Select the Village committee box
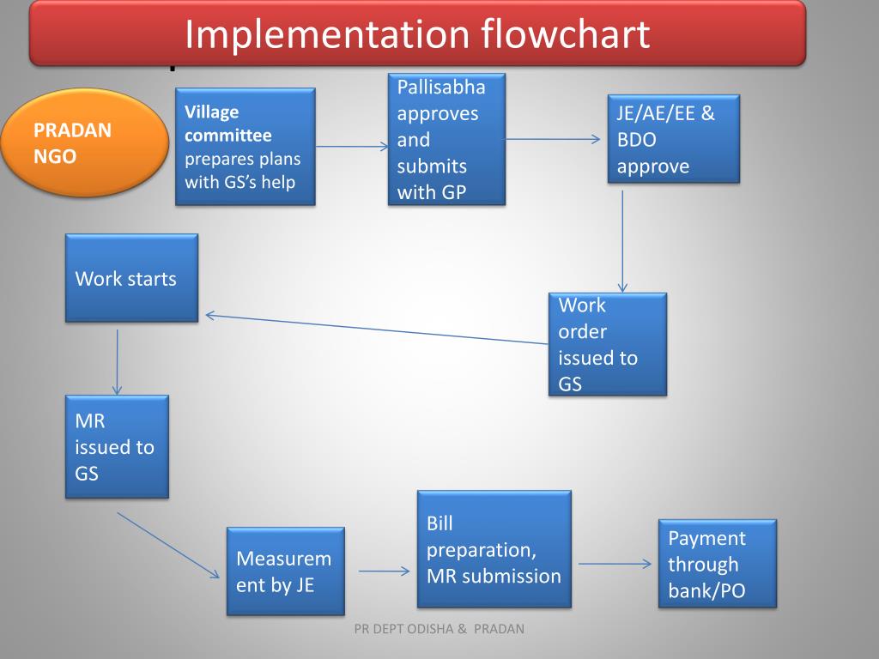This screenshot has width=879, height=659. pyautogui.click(x=246, y=147)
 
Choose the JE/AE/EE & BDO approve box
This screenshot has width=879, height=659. pyautogui.click(x=674, y=139)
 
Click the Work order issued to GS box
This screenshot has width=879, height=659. pyautogui.click(x=608, y=344)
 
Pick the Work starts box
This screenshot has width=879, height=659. pyautogui.click(x=131, y=278)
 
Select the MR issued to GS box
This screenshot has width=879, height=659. pyautogui.click(x=117, y=446)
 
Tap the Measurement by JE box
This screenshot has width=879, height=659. pyautogui.click(x=285, y=571)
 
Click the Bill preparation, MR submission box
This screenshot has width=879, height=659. pyautogui.click(x=494, y=549)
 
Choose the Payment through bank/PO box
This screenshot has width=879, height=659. pyautogui.click(x=717, y=564)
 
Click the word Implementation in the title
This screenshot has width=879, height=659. pyautogui.click(x=327, y=35)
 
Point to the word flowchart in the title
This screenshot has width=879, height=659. pyautogui.click(x=565, y=35)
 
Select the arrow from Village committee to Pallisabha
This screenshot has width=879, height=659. pyautogui.click(x=352, y=147)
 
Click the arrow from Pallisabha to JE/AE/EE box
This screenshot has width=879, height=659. pyautogui.click(x=554, y=139)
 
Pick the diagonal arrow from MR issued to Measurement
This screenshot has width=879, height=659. pyautogui.click(x=167, y=545)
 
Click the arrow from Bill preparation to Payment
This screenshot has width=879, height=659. pyautogui.click(x=615, y=564)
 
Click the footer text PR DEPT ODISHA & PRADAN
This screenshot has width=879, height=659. pyautogui.click(x=439, y=629)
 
